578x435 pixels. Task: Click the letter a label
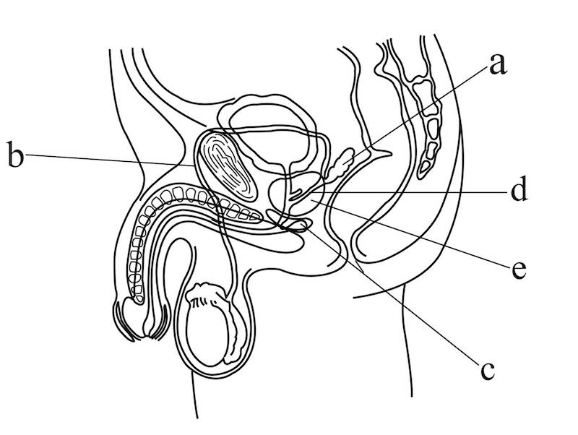(496, 64)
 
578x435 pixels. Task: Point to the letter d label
(518, 191)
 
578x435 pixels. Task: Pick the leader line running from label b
(108, 160)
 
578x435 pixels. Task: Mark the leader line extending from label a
(405, 123)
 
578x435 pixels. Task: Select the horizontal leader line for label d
(419, 192)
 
